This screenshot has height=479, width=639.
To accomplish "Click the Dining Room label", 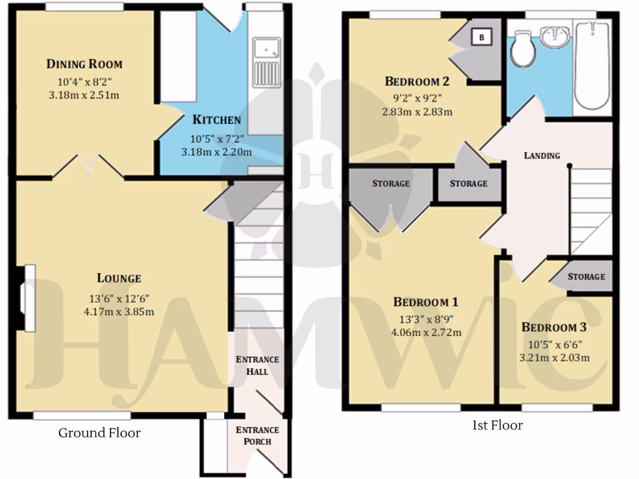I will point(84,64).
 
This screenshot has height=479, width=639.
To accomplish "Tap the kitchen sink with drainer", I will point(266,63).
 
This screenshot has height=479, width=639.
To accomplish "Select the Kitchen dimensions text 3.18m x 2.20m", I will point(216,152).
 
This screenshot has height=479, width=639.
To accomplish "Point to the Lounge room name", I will point(119,278).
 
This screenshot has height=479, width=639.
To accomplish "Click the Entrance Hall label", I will point(256,365).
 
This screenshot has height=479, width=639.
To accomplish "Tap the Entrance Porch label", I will point(256,436).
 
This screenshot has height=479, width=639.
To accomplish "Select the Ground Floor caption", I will point(99,433).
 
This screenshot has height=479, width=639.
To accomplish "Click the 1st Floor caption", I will point(497,425).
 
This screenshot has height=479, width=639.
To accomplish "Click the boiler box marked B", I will point(481,37).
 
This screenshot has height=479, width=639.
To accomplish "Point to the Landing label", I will point(541,155).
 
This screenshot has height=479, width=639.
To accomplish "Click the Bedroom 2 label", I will point(417,81).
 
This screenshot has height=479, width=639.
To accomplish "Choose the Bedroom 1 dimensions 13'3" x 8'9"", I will point(426,319).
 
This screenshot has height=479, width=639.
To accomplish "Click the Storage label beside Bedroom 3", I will point(586,276).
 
